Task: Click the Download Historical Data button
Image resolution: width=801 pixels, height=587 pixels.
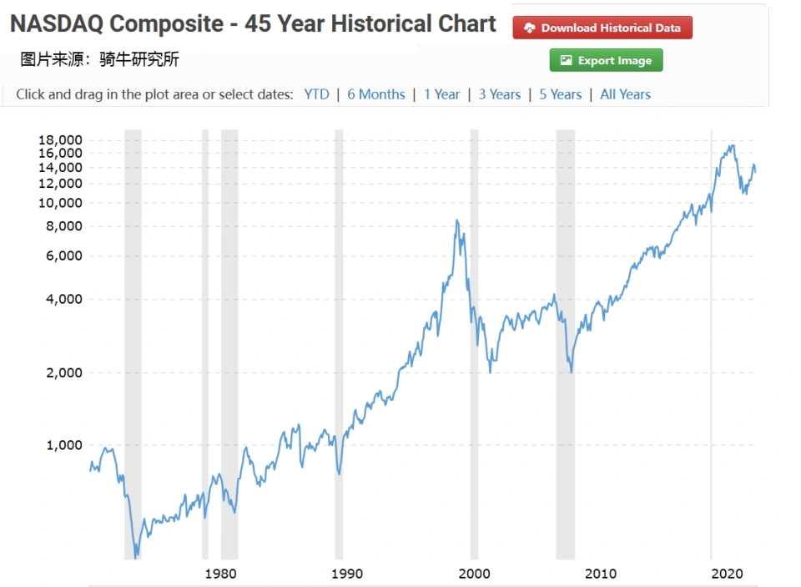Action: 602,28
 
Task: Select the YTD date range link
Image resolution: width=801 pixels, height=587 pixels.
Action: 316,94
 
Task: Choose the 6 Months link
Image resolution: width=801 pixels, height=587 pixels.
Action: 376,94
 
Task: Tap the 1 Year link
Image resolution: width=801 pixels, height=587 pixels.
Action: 441,94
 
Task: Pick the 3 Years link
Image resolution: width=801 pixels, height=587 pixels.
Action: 499,94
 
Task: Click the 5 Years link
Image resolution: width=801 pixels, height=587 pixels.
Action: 560,94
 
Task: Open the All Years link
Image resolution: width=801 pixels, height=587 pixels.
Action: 625,94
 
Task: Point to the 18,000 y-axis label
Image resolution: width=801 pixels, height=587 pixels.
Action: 60,139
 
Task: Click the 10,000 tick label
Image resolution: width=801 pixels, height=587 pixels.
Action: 60,203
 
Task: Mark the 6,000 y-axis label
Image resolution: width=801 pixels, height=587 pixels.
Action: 63,256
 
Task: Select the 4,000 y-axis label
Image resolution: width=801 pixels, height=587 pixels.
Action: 63,299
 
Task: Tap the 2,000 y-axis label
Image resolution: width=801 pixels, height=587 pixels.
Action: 63,372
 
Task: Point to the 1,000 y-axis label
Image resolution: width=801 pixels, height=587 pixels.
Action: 63,445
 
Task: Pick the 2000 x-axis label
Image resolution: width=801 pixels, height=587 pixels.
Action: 474,574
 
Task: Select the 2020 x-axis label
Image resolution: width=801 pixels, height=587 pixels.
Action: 728,574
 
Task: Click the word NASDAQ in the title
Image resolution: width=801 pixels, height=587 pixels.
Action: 56,23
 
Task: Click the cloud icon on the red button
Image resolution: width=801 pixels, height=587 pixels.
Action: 529,28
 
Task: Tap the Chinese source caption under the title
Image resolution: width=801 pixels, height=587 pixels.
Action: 99,59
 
